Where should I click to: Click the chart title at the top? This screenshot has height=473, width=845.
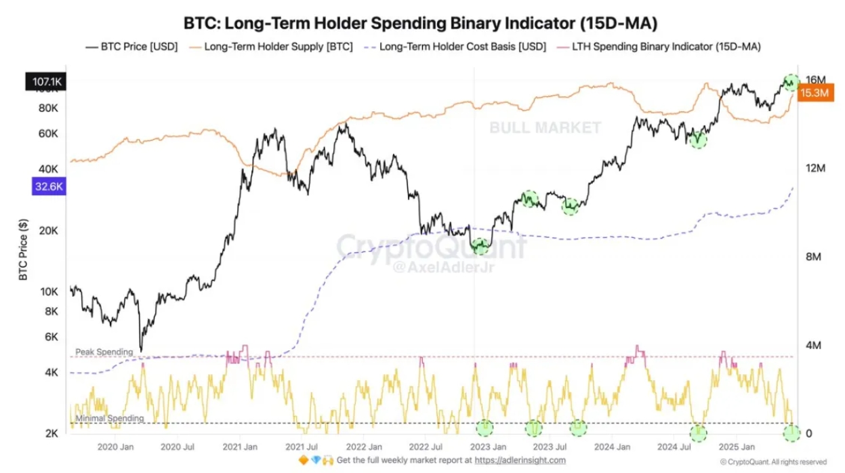(421, 23)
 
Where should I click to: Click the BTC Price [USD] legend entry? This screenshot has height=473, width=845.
(132, 47)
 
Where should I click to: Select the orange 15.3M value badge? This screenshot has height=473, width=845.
(813, 94)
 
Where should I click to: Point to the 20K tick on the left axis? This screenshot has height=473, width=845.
(49, 231)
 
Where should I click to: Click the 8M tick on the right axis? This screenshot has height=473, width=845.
(812, 258)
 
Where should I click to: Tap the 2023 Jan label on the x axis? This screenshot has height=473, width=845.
(488, 447)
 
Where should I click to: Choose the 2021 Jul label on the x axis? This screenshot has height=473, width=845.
(302, 447)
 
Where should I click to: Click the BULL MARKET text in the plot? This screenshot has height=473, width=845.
(545, 127)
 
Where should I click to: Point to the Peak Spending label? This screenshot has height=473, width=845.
(104, 352)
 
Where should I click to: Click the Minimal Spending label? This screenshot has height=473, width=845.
(109, 419)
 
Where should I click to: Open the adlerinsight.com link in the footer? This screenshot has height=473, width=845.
(519, 461)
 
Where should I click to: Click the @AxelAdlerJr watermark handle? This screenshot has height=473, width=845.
(432, 268)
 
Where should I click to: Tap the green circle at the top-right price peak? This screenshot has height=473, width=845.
(791, 82)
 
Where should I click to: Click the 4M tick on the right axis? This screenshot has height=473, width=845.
(812, 346)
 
